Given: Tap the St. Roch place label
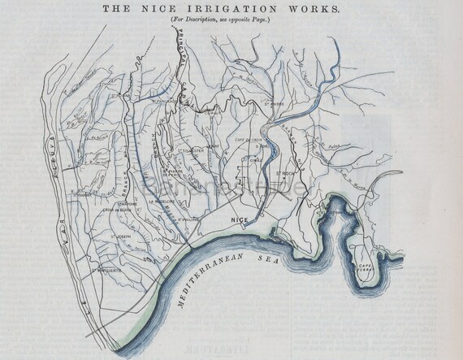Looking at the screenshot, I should [283, 172].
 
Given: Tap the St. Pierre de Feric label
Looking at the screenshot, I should [175, 172].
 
